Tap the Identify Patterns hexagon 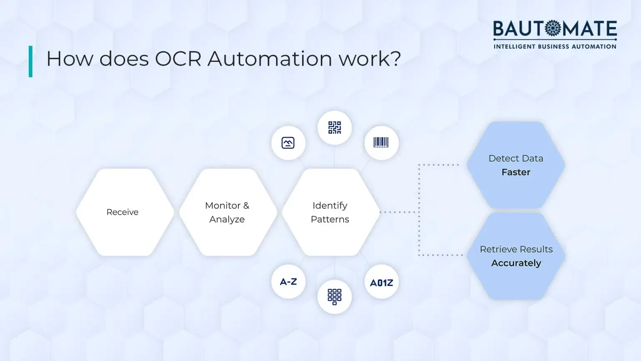pyautogui.click(x=331, y=212)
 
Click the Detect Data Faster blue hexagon pyautogui.click(x=516, y=165)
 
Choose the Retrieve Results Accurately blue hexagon pyautogui.click(x=516, y=256)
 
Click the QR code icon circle pyautogui.click(x=334, y=128)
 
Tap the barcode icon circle pyautogui.click(x=381, y=143)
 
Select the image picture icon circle pyautogui.click(x=288, y=143)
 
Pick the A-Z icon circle pyautogui.click(x=288, y=282)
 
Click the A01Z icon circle pyautogui.click(x=381, y=282)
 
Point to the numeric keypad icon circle pyautogui.click(x=334, y=297)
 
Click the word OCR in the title pyautogui.click(x=178, y=59)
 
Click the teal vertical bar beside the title pyautogui.click(x=30, y=61)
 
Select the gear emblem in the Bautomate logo pyautogui.click(x=553, y=28)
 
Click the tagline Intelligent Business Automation pyautogui.click(x=555, y=46)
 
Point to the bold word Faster pyautogui.click(x=516, y=172)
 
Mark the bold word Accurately pyautogui.click(x=516, y=263)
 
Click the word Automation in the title pyautogui.click(x=270, y=59)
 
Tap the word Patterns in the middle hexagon pyautogui.click(x=330, y=219)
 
